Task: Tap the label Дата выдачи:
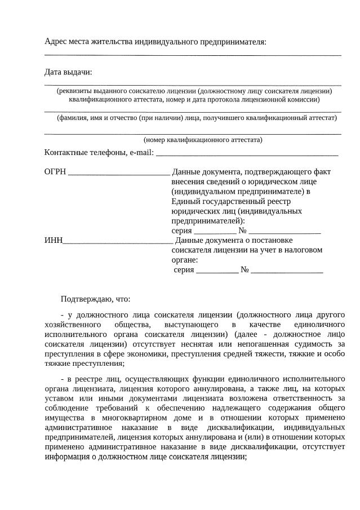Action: pos(68,72)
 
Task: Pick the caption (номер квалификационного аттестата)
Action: pos(203,140)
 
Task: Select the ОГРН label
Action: pos(55,171)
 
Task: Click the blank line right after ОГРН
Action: pos(118,174)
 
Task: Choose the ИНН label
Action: pos(53,241)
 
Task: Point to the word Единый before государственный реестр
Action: pos(185,201)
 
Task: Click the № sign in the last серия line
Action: pos(245,270)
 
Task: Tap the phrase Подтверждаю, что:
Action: pos(95,299)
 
